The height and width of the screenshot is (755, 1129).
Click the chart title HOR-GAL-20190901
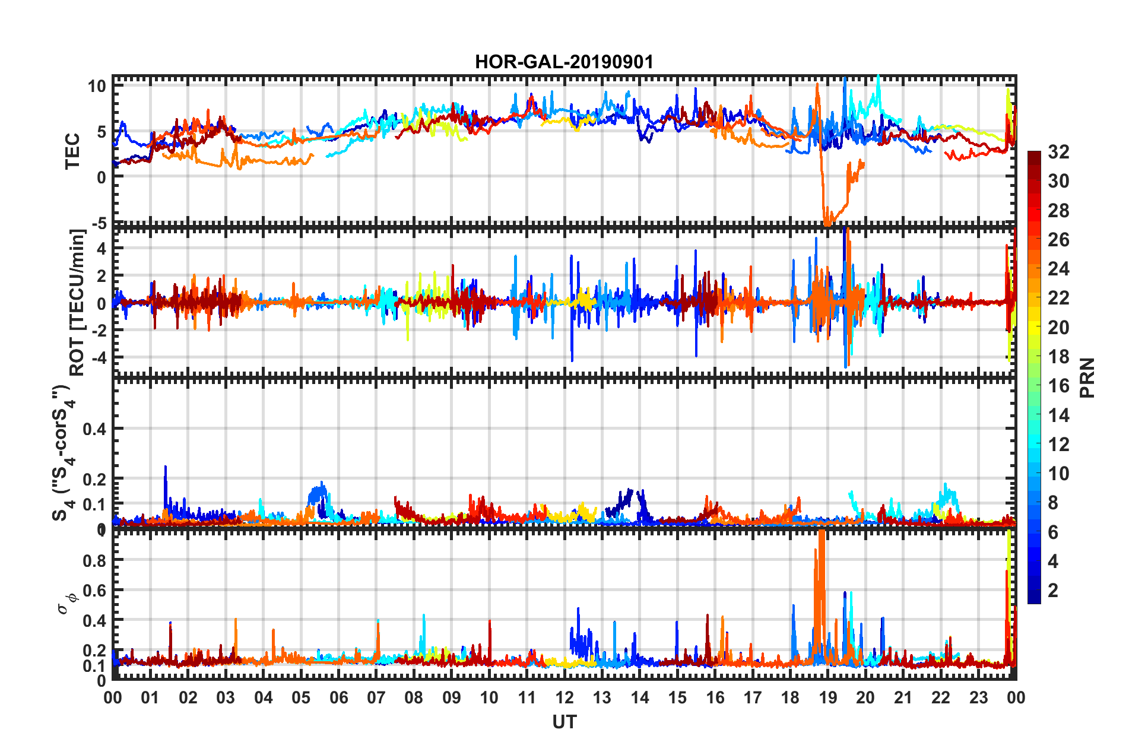click(x=564, y=62)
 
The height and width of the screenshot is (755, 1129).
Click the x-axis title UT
click(x=564, y=722)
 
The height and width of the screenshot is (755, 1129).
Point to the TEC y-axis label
click(x=72, y=151)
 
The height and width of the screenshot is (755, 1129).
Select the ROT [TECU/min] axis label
click(x=77, y=303)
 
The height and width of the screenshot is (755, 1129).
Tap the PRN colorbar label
click(x=1087, y=377)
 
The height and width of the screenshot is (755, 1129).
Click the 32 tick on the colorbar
click(x=1058, y=152)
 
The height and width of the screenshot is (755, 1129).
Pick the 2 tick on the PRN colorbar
click(x=1054, y=590)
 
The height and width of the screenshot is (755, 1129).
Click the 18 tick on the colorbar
click(x=1058, y=357)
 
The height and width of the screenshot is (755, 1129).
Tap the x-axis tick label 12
click(x=564, y=697)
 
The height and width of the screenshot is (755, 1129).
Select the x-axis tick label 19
click(x=827, y=697)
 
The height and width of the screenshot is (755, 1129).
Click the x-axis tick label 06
click(x=338, y=697)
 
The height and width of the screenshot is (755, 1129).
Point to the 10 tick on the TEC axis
click(x=97, y=86)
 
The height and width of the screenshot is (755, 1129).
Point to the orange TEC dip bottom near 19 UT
click(x=826, y=223)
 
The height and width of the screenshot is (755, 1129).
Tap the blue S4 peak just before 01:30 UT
click(x=166, y=468)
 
